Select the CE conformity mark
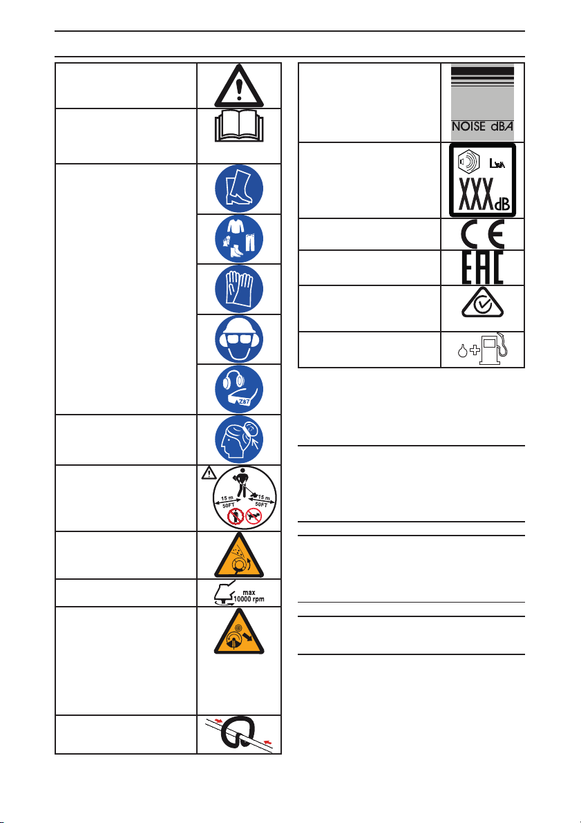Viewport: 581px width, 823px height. (479, 234)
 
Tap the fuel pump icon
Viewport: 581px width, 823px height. (488, 349)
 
